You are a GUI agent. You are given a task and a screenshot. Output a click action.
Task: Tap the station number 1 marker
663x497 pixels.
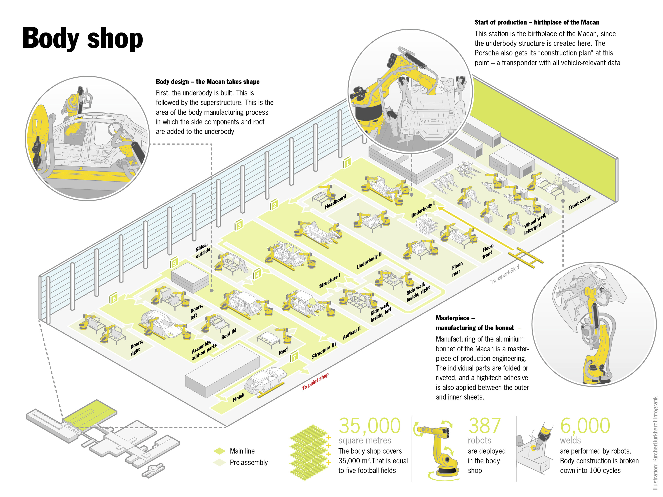(x=347, y=163)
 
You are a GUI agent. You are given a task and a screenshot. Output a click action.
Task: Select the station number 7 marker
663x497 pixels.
(x=294, y=356)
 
